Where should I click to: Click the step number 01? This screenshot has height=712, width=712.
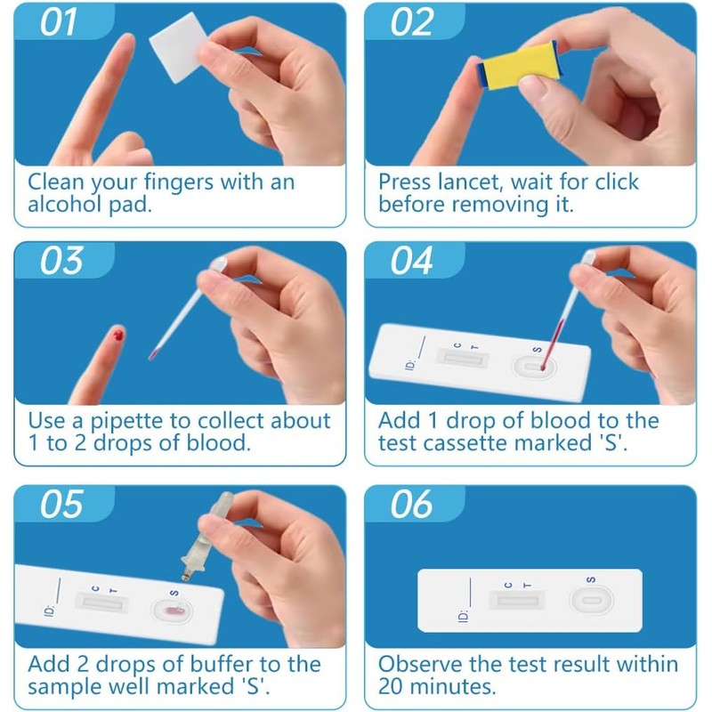tap(58, 22)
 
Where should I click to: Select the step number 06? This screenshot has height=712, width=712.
tap(411, 504)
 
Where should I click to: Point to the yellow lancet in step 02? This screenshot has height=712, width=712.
tap(518, 66)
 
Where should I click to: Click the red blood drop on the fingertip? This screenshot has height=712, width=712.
tap(118, 336)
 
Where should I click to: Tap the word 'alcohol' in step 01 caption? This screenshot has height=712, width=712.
tap(64, 204)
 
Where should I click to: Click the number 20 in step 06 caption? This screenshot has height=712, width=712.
tap(390, 686)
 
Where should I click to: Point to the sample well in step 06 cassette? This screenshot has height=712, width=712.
tap(591, 600)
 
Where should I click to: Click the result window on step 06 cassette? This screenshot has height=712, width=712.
tap(517, 600)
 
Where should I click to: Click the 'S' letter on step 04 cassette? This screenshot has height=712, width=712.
tap(538, 350)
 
